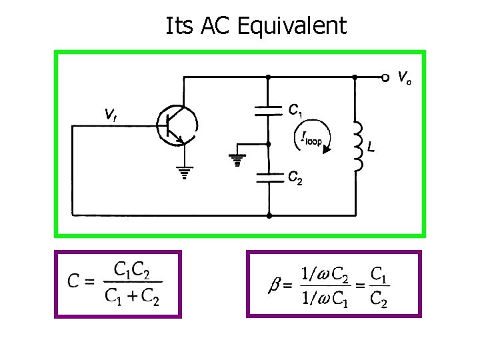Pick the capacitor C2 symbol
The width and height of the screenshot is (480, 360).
pos(268,177)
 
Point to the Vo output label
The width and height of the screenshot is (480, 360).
pos(404,78)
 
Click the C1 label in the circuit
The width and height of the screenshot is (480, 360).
pos(297,109)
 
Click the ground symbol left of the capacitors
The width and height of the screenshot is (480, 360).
pos(235,161)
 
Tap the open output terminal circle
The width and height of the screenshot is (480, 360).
pos(385,78)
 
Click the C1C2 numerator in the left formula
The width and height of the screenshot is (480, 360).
pos(132,270)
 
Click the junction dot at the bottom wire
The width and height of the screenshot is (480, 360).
pos(268,215)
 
